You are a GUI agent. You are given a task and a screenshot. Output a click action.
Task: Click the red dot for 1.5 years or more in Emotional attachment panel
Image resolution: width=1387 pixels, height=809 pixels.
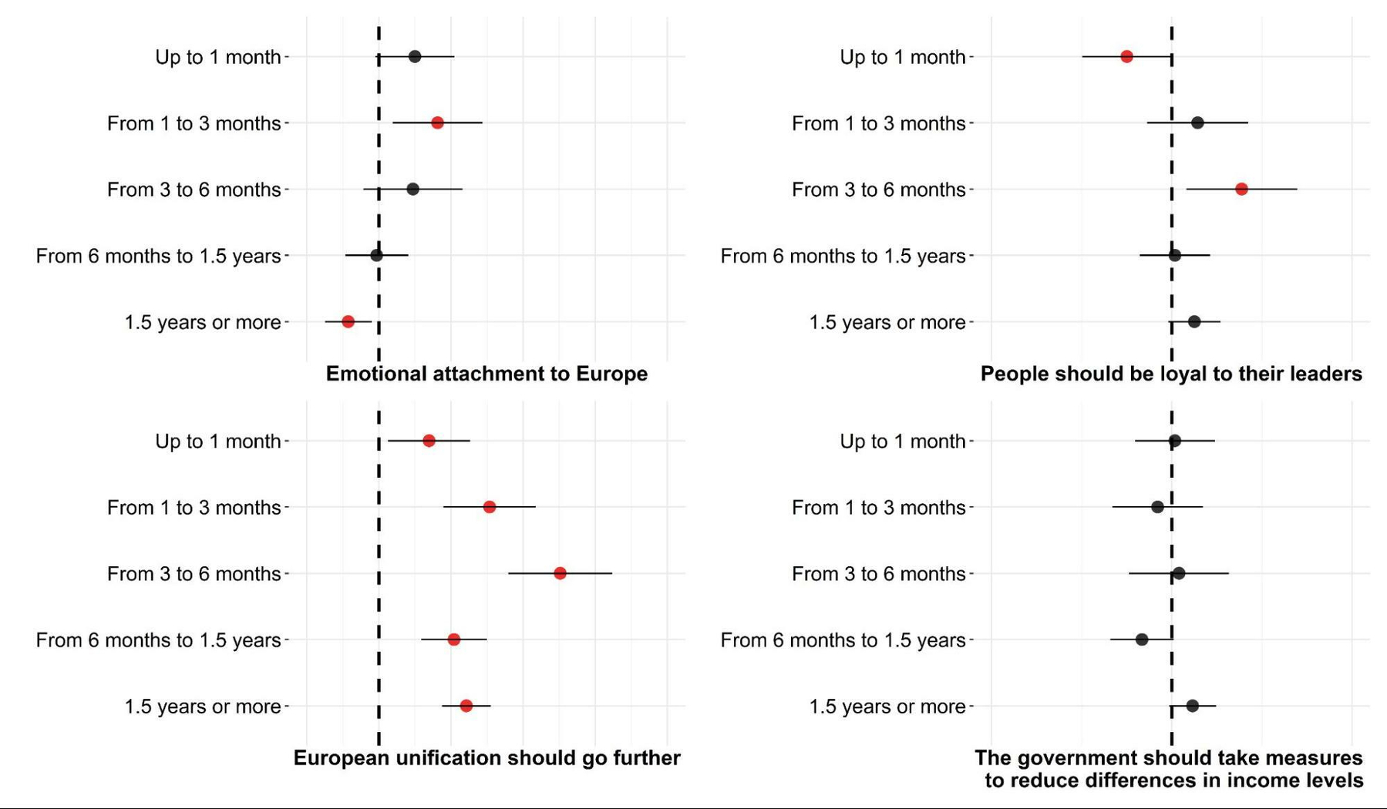point(348,321)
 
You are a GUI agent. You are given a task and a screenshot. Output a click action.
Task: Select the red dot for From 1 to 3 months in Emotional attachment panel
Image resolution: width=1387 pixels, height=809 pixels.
point(437,123)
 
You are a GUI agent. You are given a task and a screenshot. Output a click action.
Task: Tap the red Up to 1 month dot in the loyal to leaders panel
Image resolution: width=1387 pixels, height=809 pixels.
point(1126,56)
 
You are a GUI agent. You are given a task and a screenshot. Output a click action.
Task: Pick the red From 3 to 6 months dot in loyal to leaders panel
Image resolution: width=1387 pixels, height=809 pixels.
point(1241,189)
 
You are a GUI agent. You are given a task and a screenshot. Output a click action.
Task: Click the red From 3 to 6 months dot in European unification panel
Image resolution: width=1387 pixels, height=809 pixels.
point(560,573)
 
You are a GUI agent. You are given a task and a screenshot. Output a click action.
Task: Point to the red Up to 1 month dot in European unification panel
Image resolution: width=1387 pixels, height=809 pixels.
point(429,441)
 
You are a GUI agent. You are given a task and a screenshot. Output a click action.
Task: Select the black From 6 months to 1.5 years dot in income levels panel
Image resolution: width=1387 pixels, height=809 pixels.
point(1142,639)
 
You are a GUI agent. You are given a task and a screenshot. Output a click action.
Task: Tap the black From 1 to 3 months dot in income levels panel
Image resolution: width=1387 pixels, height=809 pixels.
point(1157,507)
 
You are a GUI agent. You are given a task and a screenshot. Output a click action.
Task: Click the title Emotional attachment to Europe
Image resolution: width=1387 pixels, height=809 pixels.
point(486,374)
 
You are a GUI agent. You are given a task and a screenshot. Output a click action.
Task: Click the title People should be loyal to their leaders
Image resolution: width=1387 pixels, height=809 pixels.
point(1170,374)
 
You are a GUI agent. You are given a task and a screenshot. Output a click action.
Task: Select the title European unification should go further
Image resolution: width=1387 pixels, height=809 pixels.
point(486,758)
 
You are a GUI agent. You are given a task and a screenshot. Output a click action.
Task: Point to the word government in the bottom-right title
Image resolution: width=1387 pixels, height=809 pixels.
point(1076,758)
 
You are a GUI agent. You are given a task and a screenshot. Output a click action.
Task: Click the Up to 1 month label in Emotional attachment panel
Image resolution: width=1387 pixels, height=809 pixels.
point(217,57)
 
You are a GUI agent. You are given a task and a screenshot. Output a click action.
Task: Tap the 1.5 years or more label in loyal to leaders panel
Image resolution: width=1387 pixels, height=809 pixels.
point(887,322)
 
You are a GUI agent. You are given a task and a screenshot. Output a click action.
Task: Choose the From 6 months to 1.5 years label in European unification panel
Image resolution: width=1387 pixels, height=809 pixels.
point(158,640)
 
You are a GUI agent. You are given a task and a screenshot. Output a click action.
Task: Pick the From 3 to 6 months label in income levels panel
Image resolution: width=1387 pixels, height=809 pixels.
point(878,574)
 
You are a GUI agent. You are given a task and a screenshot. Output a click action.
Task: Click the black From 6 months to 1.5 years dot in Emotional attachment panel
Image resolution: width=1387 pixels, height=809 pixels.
point(376,255)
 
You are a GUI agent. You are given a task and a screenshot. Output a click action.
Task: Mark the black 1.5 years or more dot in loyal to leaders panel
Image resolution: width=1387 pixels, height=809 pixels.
point(1194,321)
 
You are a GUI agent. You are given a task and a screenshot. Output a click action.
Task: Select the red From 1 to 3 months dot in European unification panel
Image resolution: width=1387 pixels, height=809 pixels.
point(490,507)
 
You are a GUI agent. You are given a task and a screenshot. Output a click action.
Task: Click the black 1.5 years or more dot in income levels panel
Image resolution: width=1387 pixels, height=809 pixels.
point(1193,706)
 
